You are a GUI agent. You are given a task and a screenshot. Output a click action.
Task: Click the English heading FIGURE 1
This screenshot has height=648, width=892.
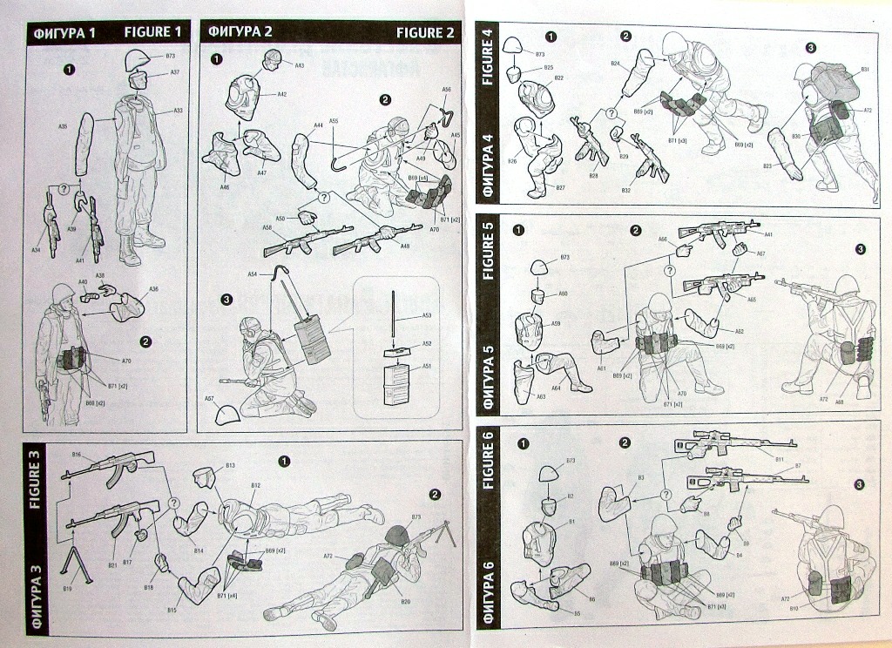(x=153, y=32)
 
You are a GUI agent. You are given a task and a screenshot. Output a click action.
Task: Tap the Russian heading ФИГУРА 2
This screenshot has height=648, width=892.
(x=240, y=32)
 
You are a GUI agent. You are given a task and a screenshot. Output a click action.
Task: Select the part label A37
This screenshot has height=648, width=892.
(x=174, y=72)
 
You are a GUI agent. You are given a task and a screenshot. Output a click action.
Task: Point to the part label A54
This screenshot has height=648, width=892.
(x=252, y=274)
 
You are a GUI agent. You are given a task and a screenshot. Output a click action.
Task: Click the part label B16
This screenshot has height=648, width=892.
(x=76, y=455)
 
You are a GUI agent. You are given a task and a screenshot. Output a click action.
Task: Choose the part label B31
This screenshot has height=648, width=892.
(x=866, y=69)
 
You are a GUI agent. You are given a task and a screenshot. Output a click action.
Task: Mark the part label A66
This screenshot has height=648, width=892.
(x=662, y=239)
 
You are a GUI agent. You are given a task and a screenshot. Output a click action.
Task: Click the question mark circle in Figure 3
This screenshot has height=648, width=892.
(x=173, y=503)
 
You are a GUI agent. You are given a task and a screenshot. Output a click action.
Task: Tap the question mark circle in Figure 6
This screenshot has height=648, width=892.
(x=666, y=495)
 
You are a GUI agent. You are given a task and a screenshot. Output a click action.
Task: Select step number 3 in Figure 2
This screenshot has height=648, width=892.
(x=226, y=300)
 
